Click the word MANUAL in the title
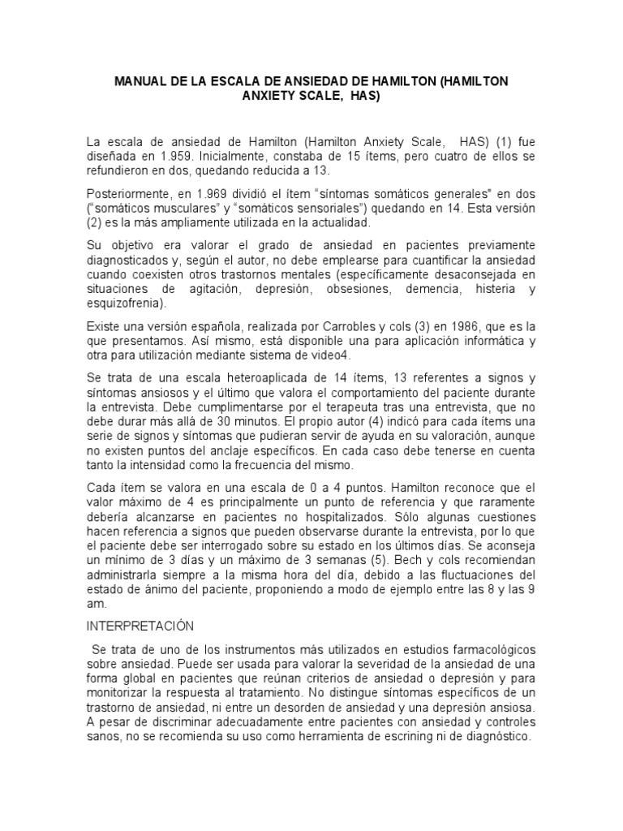(x=140, y=82)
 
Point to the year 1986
(x=443, y=325)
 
